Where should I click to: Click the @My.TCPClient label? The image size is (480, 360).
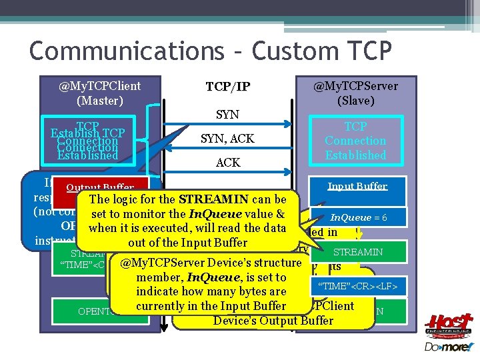coord(99,86)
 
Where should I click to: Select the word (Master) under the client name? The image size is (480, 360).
coord(99,101)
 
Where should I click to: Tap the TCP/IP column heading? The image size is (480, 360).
coord(227,87)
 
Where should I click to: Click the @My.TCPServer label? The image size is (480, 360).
coord(355,86)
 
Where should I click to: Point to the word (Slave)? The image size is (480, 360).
coord(355,101)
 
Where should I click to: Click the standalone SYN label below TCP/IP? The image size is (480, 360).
coord(227,115)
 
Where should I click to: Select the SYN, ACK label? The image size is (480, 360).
coord(227,139)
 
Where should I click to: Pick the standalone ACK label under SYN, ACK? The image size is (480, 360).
coord(227,163)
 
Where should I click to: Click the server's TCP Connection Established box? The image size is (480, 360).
coord(355,141)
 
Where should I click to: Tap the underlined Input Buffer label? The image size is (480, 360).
coord(357,186)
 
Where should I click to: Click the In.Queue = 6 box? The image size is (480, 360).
coord(359,218)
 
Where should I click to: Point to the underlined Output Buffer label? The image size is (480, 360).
coord(99,188)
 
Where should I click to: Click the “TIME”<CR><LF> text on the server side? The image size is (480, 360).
coord(359,287)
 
